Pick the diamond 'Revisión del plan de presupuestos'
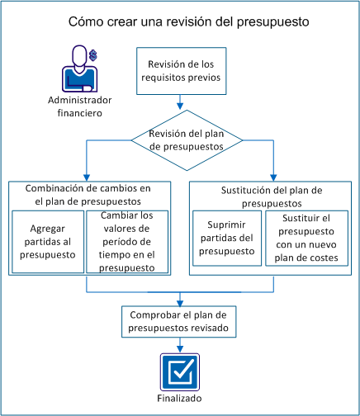click(x=179, y=139)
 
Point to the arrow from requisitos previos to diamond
click(x=179, y=102)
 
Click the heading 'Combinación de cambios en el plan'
click(x=88, y=194)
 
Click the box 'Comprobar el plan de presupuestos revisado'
click(x=179, y=321)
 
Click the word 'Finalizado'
click(x=179, y=398)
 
